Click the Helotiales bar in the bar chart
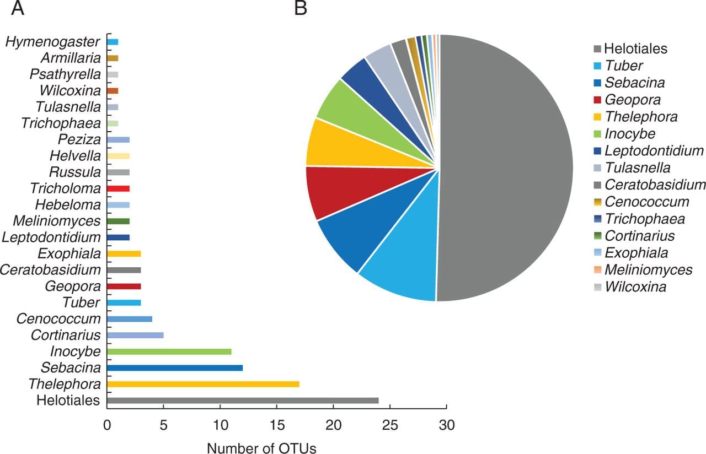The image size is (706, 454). (x=243, y=401)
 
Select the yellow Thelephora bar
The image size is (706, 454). (x=203, y=384)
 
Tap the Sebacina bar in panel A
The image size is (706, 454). (x=175, y=367)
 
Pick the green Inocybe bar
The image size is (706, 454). (x=169, y=352)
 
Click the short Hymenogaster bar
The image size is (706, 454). (x=113, y=42)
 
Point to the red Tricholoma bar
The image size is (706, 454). (x=118, y=188)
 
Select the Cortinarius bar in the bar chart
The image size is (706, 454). (x=135, y=335)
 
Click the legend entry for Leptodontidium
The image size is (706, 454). (x=654, y=150)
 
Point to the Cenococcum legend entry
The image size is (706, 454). (x=647, y=202)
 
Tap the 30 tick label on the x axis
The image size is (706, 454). (x=446, y=425)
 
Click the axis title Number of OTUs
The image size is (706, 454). (x=261, y=447)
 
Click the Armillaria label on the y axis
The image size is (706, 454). (x=71, y=58)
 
